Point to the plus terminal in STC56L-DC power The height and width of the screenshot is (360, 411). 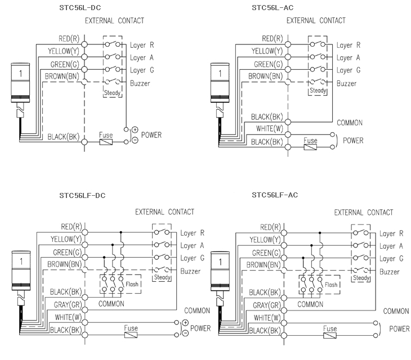135,130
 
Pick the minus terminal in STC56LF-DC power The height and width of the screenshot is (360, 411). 185,333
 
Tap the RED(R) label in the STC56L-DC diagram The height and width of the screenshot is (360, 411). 69,39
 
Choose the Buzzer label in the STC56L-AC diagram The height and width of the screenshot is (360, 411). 346,83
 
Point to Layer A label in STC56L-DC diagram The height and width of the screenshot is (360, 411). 142,58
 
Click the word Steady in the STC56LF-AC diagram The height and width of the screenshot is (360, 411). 360,278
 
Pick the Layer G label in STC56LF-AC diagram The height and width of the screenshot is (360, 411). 391,259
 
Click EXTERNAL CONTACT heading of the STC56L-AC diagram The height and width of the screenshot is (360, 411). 316,20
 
